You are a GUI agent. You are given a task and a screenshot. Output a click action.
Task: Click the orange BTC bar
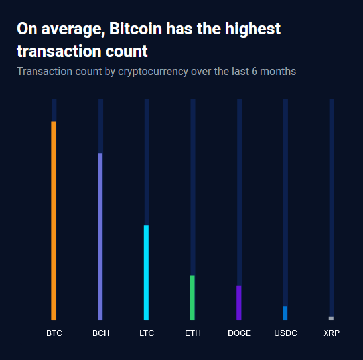[x=54, y=221]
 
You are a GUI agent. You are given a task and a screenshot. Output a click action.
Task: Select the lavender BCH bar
[x=100, y=237]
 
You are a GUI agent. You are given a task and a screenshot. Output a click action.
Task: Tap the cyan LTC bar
[x=146, y=273]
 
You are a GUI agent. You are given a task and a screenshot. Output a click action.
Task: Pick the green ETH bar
[x=192, y=298]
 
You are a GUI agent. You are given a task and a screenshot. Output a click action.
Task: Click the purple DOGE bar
[x=239, y=303]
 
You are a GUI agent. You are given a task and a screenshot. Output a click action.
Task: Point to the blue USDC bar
[x=285, y=314]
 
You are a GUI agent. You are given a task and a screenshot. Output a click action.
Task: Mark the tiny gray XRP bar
[x=331, y=318]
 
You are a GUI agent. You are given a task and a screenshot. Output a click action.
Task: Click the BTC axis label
[x=54, y=333]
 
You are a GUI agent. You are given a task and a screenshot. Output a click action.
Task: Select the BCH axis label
[x=101, y=333]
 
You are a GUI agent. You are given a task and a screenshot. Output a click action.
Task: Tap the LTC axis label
[x=147, y=333]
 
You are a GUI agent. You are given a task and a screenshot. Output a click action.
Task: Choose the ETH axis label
[x=193, y=333]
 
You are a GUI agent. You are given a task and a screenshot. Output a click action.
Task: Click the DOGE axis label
[x=239, y=333]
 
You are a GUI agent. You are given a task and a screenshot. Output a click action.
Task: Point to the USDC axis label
[x=285, y=333]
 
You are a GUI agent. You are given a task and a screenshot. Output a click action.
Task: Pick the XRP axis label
[x=332, y=333]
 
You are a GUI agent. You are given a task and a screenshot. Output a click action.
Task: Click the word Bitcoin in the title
[x=135, y=29]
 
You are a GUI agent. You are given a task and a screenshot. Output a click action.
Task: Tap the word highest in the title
[x=253, y=29]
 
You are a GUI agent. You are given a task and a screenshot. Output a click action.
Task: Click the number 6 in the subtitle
[x=254, y=71]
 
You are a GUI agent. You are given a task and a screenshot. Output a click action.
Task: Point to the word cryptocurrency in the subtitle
[x=153, y=72]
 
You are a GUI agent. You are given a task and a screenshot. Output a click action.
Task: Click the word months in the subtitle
[x=278, y=71]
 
